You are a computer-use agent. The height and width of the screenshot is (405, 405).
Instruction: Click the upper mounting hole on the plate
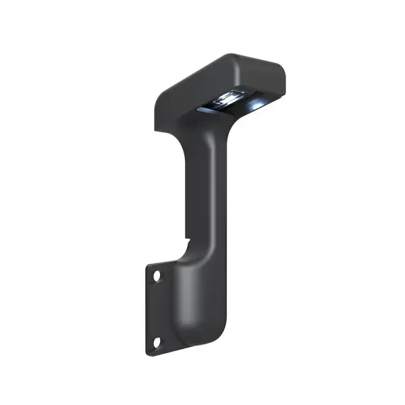tap(157, 276)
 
